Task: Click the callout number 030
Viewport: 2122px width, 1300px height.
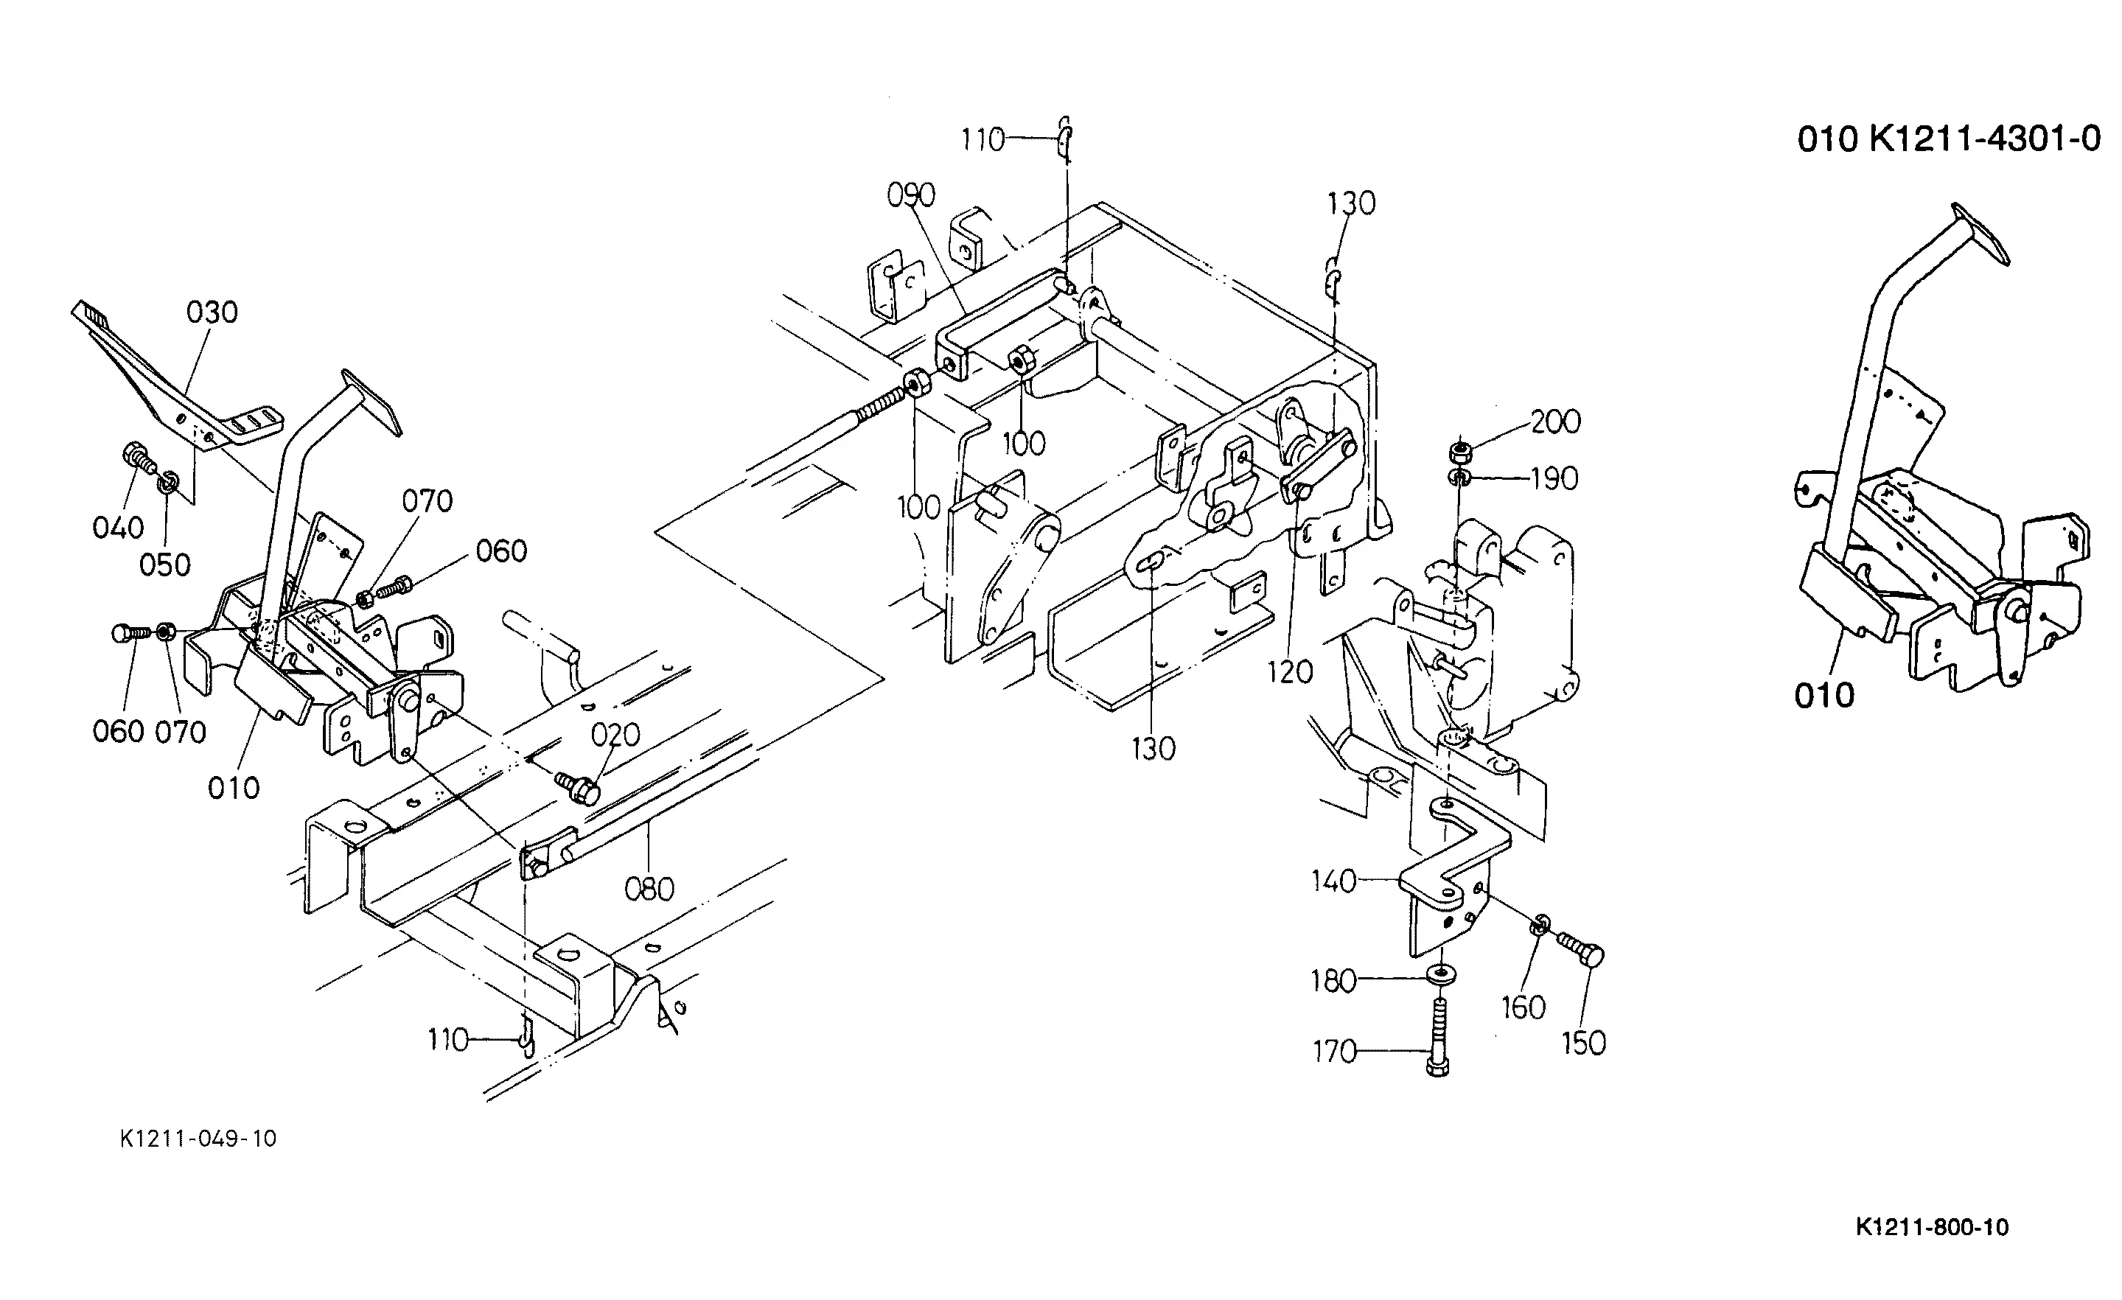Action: tap(212, 312)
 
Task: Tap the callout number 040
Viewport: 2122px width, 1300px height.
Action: tap(118, 528)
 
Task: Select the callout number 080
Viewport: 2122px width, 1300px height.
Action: tap(649, 890)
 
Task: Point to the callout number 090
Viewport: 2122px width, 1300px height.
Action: tap(911, 196)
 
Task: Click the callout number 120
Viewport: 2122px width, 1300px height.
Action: tap(1289, 672)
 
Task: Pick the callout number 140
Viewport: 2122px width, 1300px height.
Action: tap(1333, 881)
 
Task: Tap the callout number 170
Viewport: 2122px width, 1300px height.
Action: tap(1334, 1052)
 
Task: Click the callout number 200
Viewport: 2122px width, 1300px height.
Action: tap(1555, 422)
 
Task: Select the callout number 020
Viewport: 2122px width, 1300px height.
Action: tap(615, 735)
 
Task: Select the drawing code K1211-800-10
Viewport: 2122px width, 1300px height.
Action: tap(1932, 1227)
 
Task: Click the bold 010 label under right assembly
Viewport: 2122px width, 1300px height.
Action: tap(1823, 696)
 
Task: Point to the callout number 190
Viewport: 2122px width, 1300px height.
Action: tap(1554, 479)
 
